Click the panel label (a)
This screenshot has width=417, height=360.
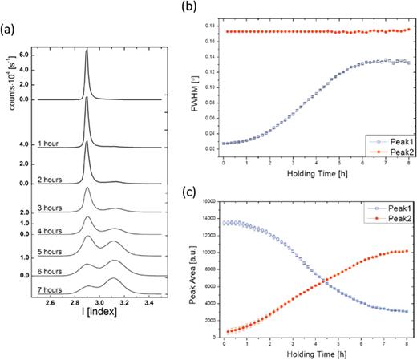(x=10, y=33)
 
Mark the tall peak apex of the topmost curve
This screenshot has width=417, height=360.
(x=87, y=51)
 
